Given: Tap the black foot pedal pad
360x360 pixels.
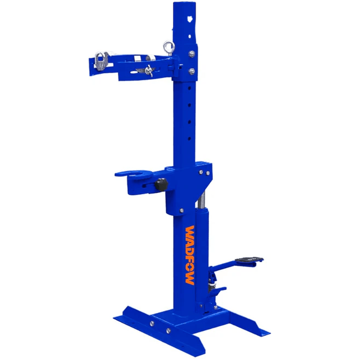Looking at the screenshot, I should [x=249, y=260].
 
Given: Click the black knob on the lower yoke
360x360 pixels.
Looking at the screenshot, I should [x=161, y=184].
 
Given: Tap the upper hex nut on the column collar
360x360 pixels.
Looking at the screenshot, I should [x=192, y=54].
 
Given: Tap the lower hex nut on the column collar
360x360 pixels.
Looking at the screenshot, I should [x=192, y=71].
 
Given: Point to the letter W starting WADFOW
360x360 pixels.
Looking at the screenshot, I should [x=190, y=231].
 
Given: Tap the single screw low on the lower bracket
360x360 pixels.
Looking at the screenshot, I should [x=181, y=211].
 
